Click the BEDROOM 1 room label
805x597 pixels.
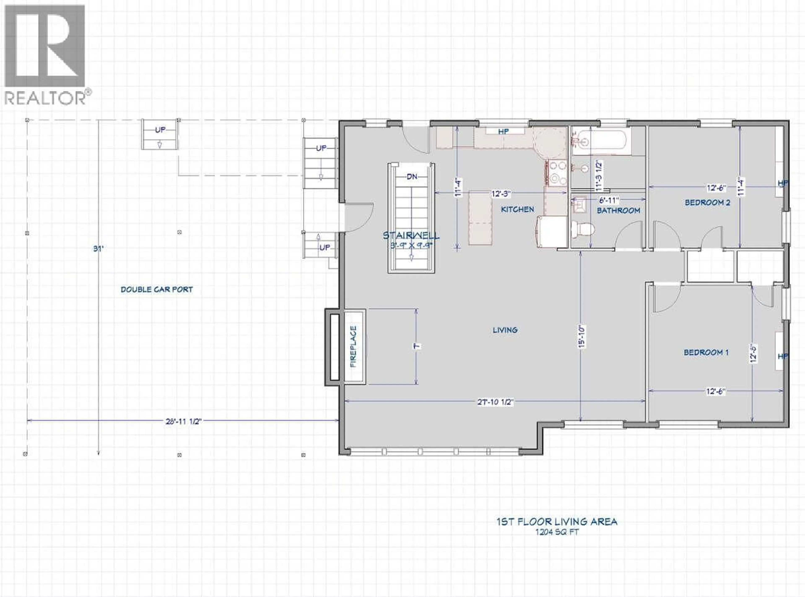pyautogui.click(x=706, y=352)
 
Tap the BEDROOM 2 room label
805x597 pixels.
pyautogui.click(x=707, y=203)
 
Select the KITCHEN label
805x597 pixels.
pyautogui.click(x=517, y=209)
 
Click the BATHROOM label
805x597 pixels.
pyautogui.click(x=618, y=210)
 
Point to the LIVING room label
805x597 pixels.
pyautogui.click(x=505, y=330)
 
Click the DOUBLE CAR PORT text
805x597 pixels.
pyautogui.click(x=157, y=289)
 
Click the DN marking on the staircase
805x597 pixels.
pyautogui.click(x=412, y=177)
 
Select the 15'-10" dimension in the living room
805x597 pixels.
pyautogui.click(x=581, y=337)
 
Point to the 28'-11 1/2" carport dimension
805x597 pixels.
pyautogui.click(x=183, y=421)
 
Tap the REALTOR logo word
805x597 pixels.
pyautogui.click(x=45, y=98)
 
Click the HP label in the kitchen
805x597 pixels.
pyautogui.click(x=504, y=132)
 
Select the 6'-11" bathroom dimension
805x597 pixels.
pyautogui.click(x=609, y=200)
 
